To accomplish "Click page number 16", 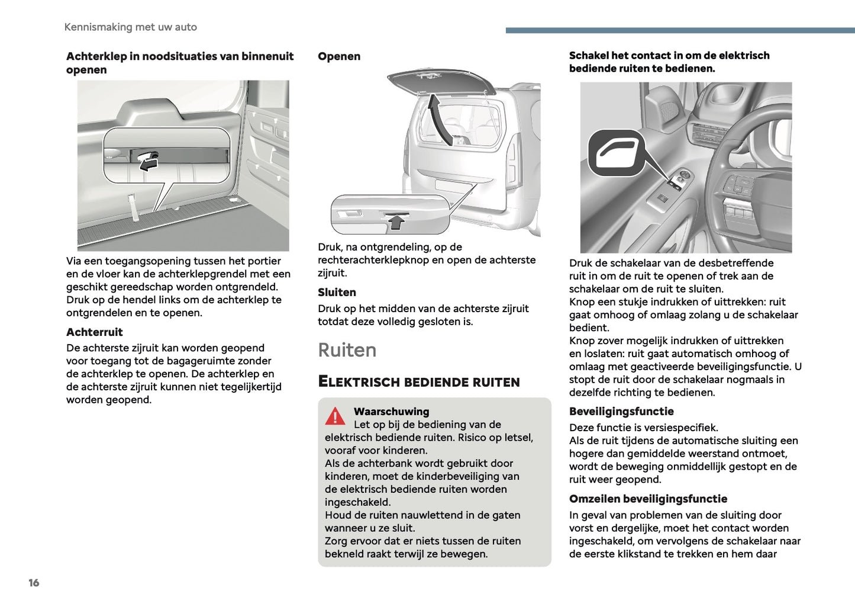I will point(34,583).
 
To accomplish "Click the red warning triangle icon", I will point(335,416).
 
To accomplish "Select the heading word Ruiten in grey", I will point(347,350).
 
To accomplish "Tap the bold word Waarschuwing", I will point(391,411).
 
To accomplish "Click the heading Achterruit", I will point(95,332).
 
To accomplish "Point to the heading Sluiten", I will point(337,292).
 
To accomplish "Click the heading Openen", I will point(338,56).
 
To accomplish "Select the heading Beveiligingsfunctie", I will point(621,411).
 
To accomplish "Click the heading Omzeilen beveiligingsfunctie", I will point(648,499).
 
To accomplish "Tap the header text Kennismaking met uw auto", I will point(130,27).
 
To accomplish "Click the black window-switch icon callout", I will point(615,153).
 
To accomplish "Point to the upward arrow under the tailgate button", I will point(396,222).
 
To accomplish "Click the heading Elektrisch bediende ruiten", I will point(419,381).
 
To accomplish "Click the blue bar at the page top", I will point(680,30).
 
